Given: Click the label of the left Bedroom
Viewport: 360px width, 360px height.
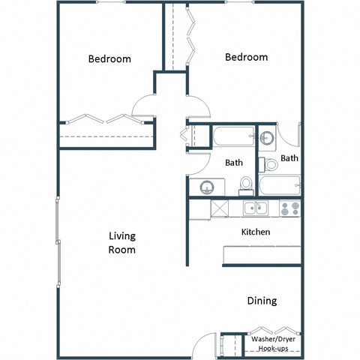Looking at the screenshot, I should pyautogui.click(x=109, y=59).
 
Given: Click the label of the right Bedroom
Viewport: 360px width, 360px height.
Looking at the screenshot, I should pyautogui.click(x=246, y=57).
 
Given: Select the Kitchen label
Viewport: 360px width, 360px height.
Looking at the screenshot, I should pyautogui.click(x=255, y=232).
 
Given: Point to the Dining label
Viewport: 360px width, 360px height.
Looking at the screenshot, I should pyautogui.click(x=262, y=301).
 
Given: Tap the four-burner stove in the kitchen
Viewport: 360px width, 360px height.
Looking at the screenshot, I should pyautogui.click(x=290, y=208).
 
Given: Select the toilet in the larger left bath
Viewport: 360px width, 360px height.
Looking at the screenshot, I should pyautogui.click(x=245, y=185).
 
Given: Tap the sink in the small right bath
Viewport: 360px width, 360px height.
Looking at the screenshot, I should pyautogui.click(x=268, y=138).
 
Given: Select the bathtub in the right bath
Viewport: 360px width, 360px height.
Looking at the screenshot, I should pyautogui.click(x=279, y=184).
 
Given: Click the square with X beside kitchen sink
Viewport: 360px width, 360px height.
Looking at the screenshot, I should pyautogui.click(x=219, y=208).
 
